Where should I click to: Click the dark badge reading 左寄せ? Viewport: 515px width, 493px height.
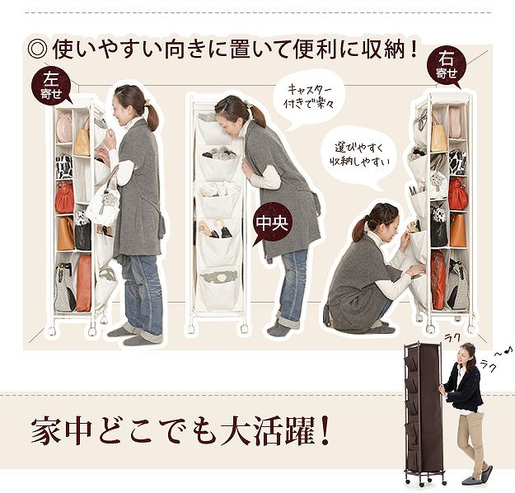coord(51,86)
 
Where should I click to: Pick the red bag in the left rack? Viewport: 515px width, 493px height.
coord(65,198)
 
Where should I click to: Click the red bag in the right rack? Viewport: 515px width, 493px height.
coord(458,194)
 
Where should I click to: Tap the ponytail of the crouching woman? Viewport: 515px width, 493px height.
coord(359,229)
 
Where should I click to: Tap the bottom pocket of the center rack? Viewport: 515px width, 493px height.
coord(219,289)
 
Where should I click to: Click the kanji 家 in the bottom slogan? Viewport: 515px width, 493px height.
coord(45,431)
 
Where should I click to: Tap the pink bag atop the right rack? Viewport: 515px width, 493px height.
coord(455,122)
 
